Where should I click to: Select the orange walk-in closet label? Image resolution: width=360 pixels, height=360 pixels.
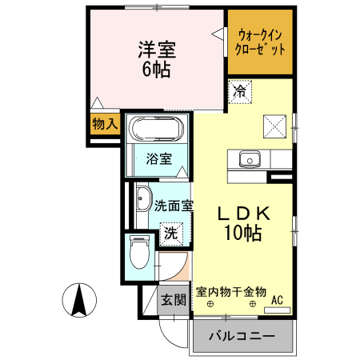[x=260, y=41]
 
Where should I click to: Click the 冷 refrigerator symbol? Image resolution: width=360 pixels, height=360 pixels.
[x=240, y=91]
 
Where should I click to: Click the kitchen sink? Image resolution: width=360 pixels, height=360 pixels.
[x=249, y=159]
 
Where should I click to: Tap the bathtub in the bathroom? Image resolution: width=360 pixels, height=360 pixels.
[x=158, y=129]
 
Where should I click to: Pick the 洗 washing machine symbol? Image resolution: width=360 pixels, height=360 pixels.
[x=170, y=234]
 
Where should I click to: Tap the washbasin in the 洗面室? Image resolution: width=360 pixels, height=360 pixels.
[x=143, y=198]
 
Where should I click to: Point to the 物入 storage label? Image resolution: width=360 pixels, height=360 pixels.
[x=104, y=124]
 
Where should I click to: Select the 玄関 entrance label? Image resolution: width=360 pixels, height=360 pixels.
[x=173, y=301]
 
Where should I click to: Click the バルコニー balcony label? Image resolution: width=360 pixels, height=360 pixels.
[x=242, y=336]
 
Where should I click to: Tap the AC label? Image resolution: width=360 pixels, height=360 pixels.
[x=278, y=300]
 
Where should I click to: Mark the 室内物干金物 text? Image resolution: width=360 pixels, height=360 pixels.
[x=231, y=291]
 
